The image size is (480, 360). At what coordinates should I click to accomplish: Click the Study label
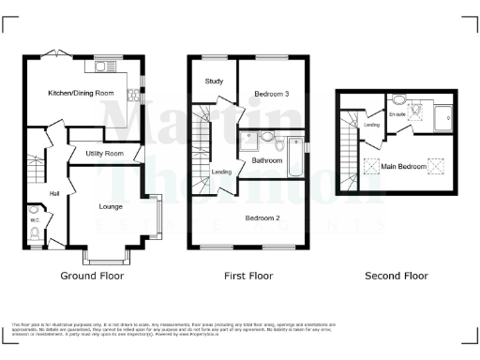(214, 82)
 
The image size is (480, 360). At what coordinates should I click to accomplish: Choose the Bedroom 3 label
(271, 94)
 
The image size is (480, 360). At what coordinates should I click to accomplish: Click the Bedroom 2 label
(263, 217)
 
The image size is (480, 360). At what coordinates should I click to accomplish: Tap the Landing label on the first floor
(221, 172)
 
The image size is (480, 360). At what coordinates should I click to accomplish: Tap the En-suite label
(397, 114)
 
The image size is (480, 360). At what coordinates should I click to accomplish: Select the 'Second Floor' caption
(397, 276)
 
